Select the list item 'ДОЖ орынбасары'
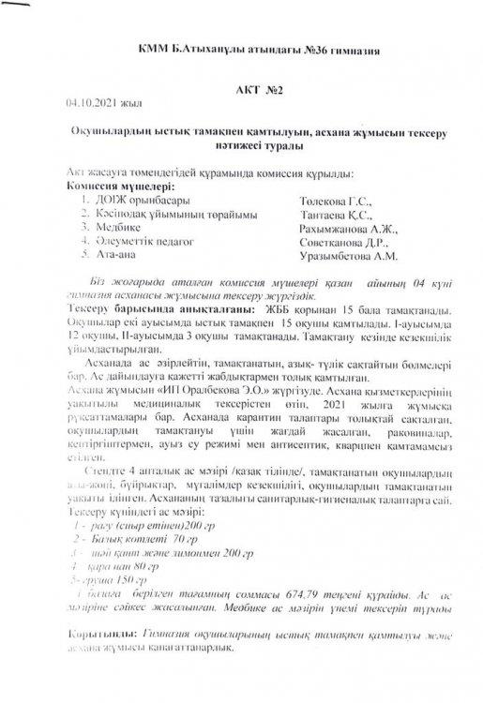(x=140, y=201)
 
